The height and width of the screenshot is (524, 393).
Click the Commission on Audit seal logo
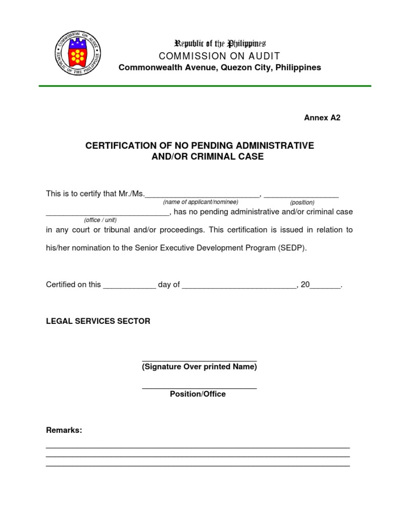(x=77, y=55)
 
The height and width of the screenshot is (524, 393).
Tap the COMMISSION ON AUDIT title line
(x=220, y=56)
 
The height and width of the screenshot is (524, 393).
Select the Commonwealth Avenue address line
(x=220, y=68)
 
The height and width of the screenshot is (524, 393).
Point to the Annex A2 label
(x=322, y=118)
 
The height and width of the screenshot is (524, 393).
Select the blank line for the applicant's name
(x=203, y=195)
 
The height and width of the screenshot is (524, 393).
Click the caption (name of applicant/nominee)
(x=201, y=202)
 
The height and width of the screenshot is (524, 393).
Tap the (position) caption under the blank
(x=302, y=203)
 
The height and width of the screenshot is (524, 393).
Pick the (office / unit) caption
(x=100, y=220)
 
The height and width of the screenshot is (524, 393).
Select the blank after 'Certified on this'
(x=129, y=287)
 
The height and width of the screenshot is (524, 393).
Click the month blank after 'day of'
(x=239, y=287)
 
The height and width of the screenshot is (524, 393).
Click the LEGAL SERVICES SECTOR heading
(x=98, y=321)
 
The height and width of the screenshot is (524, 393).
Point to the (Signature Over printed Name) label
(x=199, y=367)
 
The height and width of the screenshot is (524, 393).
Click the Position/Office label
(x=198, y=394)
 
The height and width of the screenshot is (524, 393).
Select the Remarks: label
(x=64, y=430)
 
